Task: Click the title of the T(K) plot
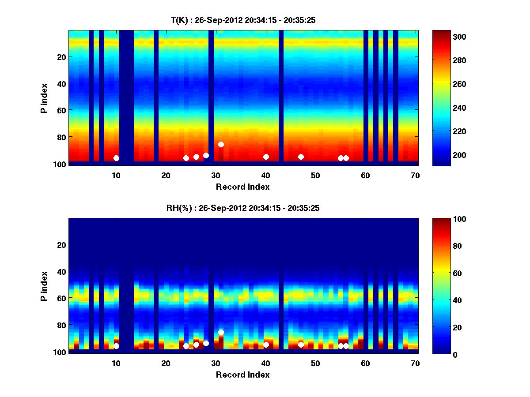coord(243,20)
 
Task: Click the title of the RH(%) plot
coord(243,208)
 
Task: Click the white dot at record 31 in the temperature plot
coord(221,144)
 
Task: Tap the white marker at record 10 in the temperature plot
coord(116,158)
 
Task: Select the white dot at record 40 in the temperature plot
coord(266,157)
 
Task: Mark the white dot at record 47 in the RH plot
coord(301,345)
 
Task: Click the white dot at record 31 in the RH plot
coord(221,332)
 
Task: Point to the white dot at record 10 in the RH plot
coord(116,346)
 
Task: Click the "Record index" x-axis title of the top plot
coord(243,187)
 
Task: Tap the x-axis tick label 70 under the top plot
coord(415,175)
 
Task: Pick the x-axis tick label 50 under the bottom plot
coord(315,363)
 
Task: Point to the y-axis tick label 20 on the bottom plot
coord(61,245)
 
